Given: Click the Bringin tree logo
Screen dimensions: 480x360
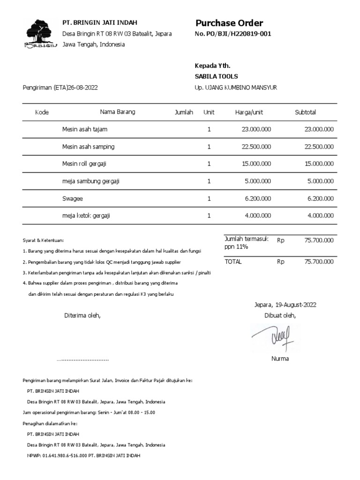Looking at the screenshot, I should [x=40, y=33].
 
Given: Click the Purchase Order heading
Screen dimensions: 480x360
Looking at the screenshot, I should [x=229, y=23].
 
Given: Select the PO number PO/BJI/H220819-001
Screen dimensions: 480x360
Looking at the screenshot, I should [x=239, y=34].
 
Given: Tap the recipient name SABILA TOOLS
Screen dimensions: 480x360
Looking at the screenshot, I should [x=216, y=76].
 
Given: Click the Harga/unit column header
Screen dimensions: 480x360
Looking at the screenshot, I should [x=249, y=112].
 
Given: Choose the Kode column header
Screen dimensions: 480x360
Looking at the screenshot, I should [x=42, y=112].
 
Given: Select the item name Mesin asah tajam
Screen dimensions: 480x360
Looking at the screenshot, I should [x=85, y=129].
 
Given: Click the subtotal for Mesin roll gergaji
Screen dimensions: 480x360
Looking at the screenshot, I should [x=319, y=164].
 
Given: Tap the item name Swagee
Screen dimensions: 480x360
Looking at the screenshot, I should [x=72, y=198].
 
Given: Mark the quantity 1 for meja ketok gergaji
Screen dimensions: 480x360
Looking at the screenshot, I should [x=209, y=216].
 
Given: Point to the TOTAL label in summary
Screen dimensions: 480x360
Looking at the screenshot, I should [x=233, y=262].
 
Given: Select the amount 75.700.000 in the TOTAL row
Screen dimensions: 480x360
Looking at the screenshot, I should [x=319, y=262].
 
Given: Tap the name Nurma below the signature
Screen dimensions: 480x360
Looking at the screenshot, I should [x=280, y=359].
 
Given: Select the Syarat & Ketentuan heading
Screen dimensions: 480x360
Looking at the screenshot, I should [x=43, y=240].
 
